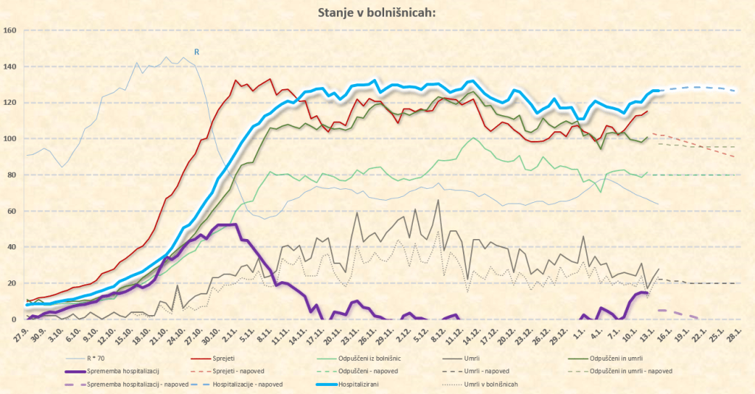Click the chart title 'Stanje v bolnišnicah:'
377,13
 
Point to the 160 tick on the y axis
10,30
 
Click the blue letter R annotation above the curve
197,52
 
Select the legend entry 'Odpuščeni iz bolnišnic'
369,359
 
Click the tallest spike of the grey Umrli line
439,200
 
